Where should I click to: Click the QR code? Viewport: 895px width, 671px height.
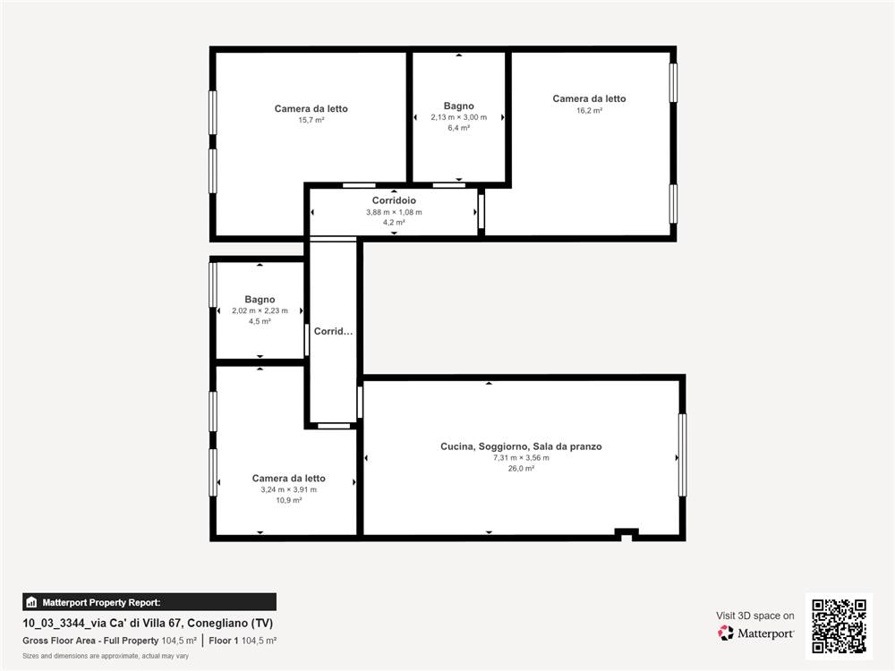[x=840, y=626]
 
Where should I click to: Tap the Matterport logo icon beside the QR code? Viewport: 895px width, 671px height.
[x=726, y=633]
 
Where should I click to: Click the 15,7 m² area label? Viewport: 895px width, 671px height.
[x=311, y=121]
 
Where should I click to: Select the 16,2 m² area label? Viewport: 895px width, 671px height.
[x=589, y=111]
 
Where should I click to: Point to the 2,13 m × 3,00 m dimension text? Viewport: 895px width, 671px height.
[x=459, y=117]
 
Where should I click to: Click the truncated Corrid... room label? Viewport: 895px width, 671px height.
[x=333, y=331]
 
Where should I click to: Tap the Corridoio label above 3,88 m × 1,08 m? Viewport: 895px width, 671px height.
[x=394, y=200]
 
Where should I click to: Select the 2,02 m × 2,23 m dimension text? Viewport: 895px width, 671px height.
[x=260, y=311]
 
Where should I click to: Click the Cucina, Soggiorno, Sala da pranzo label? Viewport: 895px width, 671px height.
[x=521, y=446]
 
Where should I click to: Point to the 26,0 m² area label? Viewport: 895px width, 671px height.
[x=521, y=469]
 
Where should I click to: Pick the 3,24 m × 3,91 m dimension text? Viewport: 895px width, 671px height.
[x=289, y=489]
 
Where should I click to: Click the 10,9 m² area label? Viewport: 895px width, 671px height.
[x=289, y=500]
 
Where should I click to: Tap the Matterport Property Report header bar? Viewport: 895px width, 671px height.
[x=149, y=602]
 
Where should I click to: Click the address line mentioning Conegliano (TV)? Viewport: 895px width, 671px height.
[x=148, y=623]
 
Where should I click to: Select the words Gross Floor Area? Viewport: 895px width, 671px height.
[x=59, y=641]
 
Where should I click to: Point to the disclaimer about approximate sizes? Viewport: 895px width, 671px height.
[x=106, y=656]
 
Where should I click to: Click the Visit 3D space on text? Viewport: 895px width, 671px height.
[x=755, y=616]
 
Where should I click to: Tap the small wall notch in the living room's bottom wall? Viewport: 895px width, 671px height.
[x=626, y=535]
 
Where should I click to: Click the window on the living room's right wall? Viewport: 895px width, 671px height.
[x=682, y=454]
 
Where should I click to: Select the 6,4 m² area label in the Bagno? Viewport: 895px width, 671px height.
[x=459, y=128]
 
